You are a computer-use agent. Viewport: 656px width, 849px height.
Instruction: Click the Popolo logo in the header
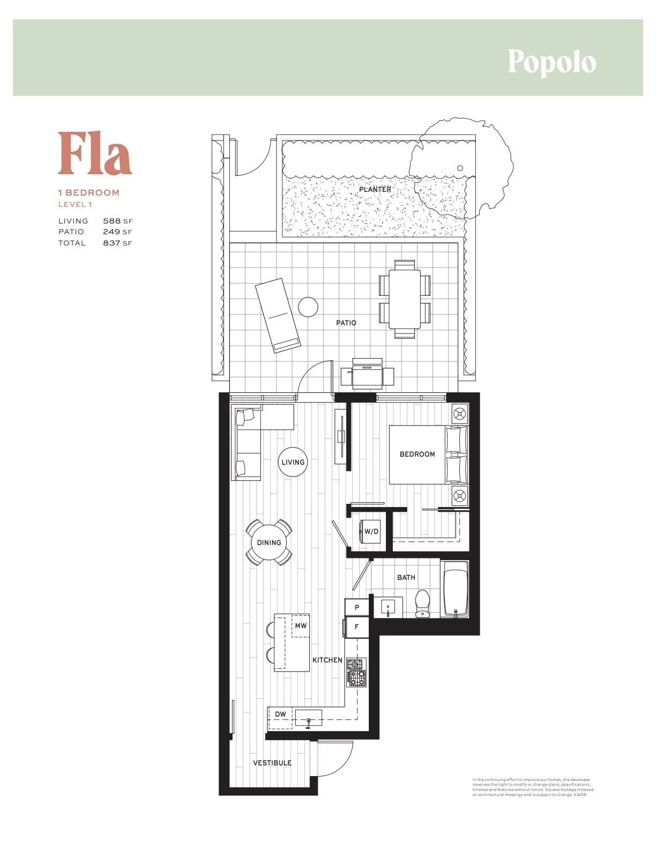tap(551, 62)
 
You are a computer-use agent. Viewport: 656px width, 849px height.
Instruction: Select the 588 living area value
tap(111, 221)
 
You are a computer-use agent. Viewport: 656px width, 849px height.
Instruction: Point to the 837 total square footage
tap(111, 243)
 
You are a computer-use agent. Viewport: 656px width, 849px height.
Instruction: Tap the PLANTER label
tap(375, 190)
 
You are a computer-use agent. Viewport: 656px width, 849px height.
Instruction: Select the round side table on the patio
tap(308, 307)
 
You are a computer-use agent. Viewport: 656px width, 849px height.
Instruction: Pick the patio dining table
tap(405, 299)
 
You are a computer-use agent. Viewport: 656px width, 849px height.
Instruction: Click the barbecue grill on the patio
tap(368, 372)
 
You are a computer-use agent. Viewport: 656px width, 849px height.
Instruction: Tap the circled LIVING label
tap(293, 462)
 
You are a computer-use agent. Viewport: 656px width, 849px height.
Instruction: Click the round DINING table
tap(269, 542)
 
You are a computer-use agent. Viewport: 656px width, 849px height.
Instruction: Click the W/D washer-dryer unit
tap(371, 532)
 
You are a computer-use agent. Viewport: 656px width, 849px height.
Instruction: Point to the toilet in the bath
tap(423, 604)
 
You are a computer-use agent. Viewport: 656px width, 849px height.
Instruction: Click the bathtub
tap(456, 589)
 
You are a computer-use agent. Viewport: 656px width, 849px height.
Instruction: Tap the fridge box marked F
tap(357, 627)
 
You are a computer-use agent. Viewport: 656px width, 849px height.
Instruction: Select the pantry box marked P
tap(357, 608)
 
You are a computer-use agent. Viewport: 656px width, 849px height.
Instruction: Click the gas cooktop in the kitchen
tap(356, 672)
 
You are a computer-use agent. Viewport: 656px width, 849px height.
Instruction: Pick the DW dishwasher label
tap(280, 714)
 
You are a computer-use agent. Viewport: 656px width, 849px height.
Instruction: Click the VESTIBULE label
tap(272, 763)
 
